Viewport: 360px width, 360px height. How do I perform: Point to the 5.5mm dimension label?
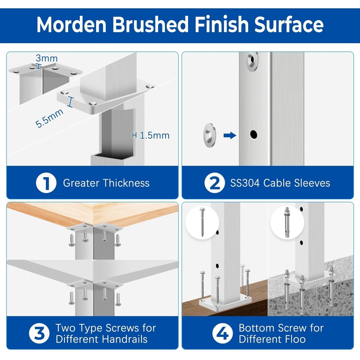click(x=49, y=118)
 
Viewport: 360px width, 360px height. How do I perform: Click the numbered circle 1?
click(x=46, y=183)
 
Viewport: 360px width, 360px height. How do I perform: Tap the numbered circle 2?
click(x=215, y=183)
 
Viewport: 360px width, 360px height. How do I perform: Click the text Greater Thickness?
click(x=106, y=183)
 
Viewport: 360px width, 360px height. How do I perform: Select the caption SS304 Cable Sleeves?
click(x=280, y=183)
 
